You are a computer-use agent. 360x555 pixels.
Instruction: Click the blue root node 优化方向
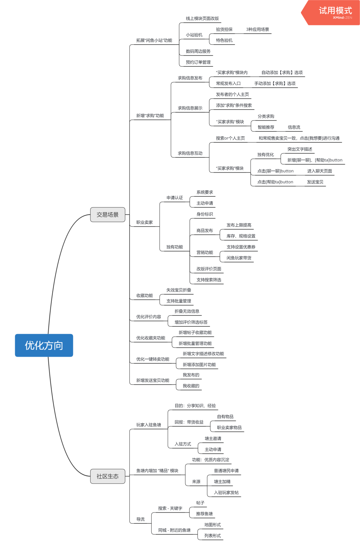[x=44, y=345]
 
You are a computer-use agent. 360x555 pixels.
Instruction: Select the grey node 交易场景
[x=108, y=215]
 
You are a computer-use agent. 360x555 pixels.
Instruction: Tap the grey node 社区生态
[x=108, y=476]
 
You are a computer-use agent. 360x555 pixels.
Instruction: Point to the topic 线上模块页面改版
[x=202, y=19]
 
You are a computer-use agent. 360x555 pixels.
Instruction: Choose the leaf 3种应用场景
[x=258, y=30]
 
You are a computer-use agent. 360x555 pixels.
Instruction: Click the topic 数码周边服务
[x=198, y=51]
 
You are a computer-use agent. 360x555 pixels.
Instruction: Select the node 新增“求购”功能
[x=150, y=116]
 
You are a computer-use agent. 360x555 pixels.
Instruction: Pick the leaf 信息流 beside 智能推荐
[x=294, y=127]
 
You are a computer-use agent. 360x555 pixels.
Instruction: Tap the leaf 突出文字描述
[x=300, y=149]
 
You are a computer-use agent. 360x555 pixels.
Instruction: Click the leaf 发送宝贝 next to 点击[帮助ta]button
[x=315, y=182]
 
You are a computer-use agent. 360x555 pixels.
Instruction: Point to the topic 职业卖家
[x=144, y=222]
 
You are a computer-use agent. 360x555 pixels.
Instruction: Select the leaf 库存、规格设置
[x=241, y=236]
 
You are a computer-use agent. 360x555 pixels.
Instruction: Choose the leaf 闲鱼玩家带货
[x=239, y=258]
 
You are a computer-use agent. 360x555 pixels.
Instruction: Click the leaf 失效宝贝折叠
[x=179, y=290]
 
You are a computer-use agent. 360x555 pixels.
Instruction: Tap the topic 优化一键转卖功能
[x=153, y=359]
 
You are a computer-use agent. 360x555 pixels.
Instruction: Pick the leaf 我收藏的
[x=191, y=386]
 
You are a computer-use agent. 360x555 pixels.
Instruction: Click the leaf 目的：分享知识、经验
[x=195, y=406]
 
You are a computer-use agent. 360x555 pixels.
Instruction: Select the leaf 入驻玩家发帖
[x=226, y=493]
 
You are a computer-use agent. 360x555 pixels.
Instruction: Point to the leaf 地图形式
[x=213, y=525]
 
